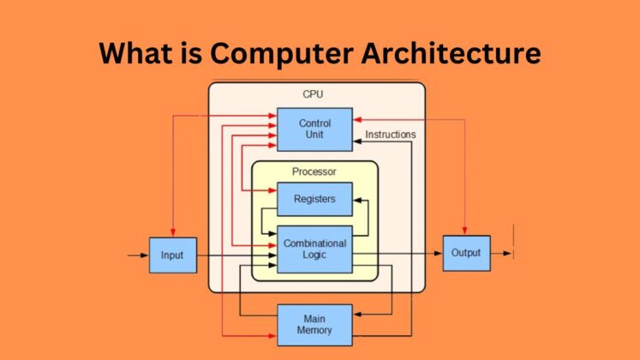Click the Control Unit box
tap(314, 129)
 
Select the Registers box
tap(314, 199)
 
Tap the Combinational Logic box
tap(314, 249)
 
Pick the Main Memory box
tap(314, 325)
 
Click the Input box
tap(172, 255)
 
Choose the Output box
tap(466, 253)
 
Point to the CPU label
tap(314, 93)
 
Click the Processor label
tap(314, 171)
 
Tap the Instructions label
tap(390, 135)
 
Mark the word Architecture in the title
tap(458, 53)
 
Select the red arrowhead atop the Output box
tap(466, 231)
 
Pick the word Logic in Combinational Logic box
tap(314, 255)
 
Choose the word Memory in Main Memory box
tap(314, 330)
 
